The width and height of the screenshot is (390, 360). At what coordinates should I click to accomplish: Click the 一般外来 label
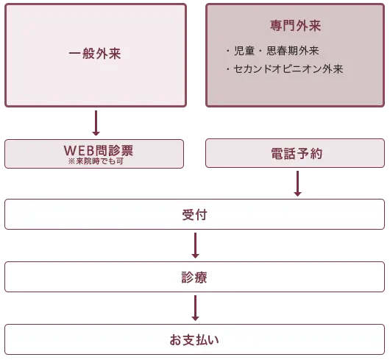pyautogui.click(x=95, y=54)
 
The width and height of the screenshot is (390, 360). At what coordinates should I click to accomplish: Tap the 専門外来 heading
pyautogui.click(x=295, y=26)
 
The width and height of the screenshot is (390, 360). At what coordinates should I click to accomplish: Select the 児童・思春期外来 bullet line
pyautogui.click(x=272, y=51)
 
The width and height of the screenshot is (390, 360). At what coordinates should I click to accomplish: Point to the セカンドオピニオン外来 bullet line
pyautogui.click(x=285, y=69)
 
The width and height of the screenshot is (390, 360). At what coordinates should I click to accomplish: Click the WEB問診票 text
pyautogui.click(x=99, y=150)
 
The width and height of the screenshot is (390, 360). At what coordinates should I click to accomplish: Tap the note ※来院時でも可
pyautogui.click(x=96, y=161)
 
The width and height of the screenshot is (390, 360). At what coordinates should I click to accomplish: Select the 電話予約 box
pyautogui.click(x=295, y=153)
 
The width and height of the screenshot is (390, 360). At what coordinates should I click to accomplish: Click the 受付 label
pyautogui.click(x=194, y=215)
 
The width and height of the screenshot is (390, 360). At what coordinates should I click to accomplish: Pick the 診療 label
pyautogui.click(x=194, y=278)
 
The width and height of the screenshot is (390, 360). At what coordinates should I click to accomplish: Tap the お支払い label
pyautogui.click(x=194, y=340)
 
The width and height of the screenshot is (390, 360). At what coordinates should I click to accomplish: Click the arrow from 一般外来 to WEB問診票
pyautogui.click(x=96, y=123)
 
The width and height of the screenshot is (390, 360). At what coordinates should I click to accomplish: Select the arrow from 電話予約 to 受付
pyautogui.click(x=297, y=183)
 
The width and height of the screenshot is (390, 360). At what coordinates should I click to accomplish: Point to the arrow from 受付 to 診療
pyautogui.click(x=195, y=245)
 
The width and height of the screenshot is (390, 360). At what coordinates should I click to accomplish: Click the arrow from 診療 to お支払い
pyautogui.click(x=195, y=308)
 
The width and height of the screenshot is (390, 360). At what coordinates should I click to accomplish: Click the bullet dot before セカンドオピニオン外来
pyautogui.click(x=228, y=69)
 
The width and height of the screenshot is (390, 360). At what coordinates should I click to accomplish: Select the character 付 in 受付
pyautogui.click(x=201, y=215)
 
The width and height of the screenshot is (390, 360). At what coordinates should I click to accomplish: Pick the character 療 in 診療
pyautogui.click(x=201, y=278)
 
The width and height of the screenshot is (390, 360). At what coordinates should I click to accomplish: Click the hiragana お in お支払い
pyautogui.click(x=176, y=340)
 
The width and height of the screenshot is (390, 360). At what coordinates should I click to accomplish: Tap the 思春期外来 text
pyautogui.click(x=293, y=51)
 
